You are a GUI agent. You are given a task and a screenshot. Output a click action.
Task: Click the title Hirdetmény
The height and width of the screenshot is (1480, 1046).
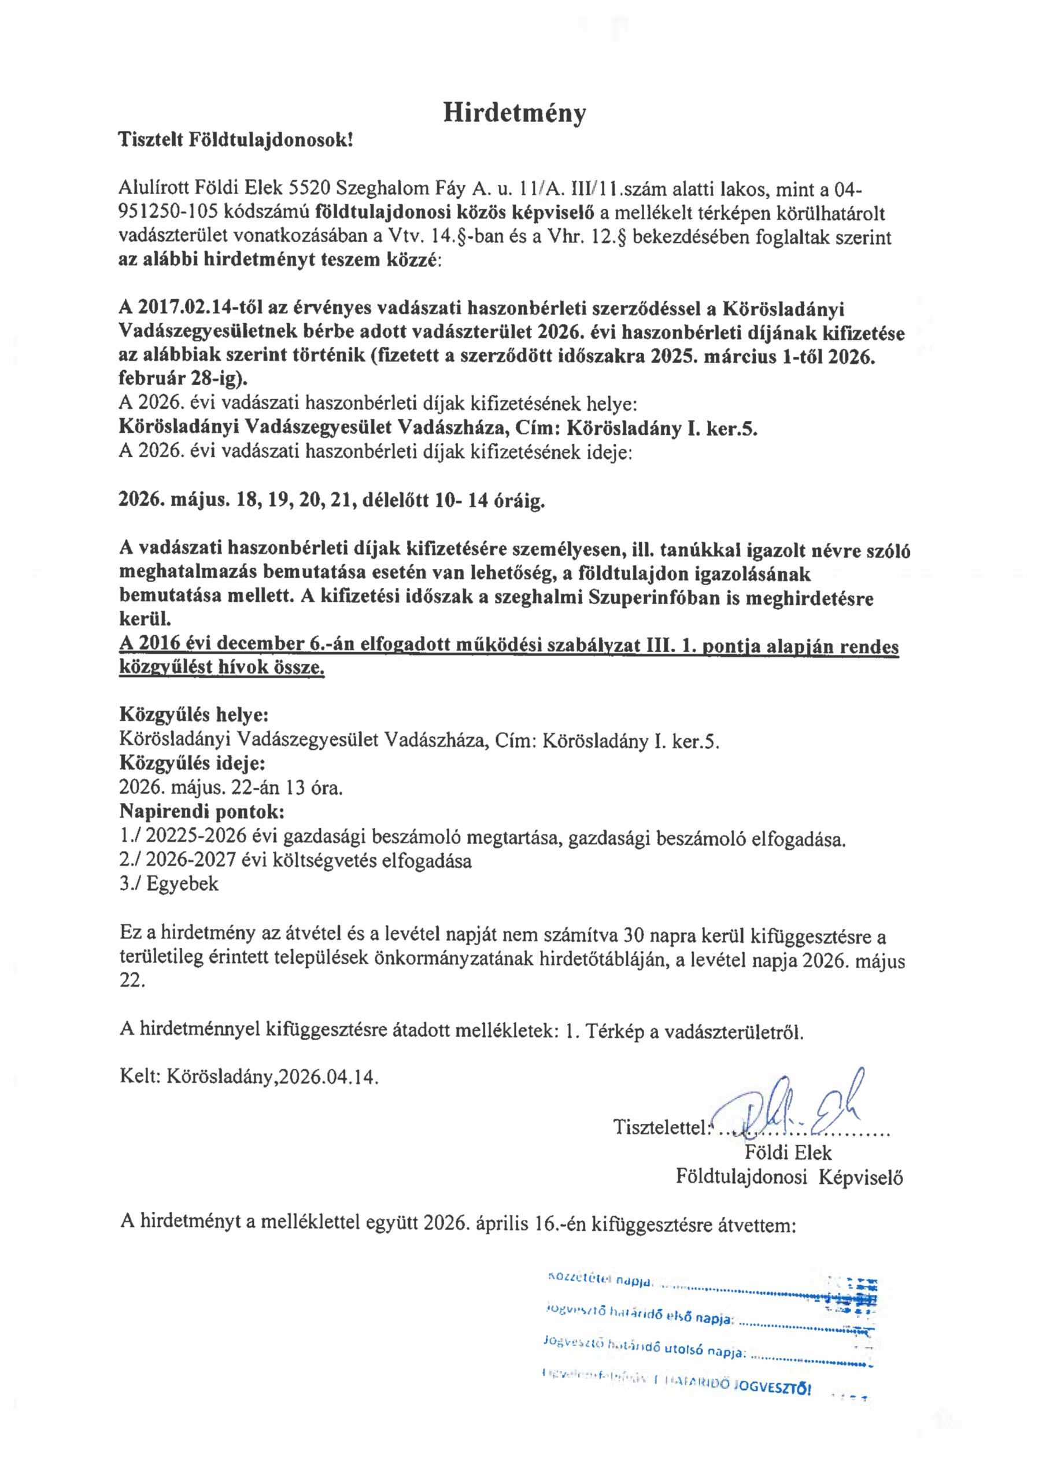click(x=515, y=113)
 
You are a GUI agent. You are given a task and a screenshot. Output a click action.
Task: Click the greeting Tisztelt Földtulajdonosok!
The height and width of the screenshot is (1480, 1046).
click(x=236, y=140)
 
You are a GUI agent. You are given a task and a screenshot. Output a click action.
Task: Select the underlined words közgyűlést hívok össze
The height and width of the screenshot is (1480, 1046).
click(x=222, y=668)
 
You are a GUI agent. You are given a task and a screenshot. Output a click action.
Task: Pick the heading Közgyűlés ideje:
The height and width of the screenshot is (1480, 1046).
click(x=192, y=763)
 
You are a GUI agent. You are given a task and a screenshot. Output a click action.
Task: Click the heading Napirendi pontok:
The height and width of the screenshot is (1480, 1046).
click(x=202, y=811)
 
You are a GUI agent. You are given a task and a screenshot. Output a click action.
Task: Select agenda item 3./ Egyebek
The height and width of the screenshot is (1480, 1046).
click(x=169, y=883)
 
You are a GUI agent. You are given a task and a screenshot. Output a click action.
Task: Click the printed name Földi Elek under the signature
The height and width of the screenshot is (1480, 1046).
click(x=788, y=1153)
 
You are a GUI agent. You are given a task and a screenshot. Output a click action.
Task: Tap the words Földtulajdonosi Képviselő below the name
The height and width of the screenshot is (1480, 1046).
click(x=789, y=1177)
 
